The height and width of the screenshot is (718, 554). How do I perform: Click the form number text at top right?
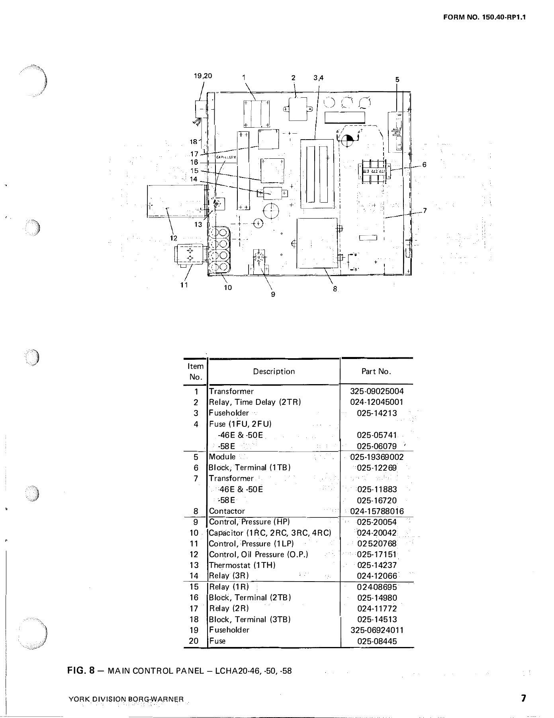pos(484,18)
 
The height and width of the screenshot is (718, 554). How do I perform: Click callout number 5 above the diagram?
pos(397,79)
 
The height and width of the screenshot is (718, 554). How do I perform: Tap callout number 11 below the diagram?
pos(184,285)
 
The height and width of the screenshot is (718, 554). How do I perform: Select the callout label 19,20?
pos(203,76)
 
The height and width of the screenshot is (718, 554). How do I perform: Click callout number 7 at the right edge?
pos(425,211)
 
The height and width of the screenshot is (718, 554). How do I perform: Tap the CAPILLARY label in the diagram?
pos(226,157)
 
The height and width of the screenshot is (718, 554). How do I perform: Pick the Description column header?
pos(274,371)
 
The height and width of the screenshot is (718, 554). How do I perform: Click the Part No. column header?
pos(376,371)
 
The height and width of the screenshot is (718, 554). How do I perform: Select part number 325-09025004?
pos(377,391)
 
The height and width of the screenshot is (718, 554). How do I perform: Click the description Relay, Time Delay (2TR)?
pos(255,402)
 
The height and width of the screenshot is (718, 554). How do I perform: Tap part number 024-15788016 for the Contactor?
pos(377,511)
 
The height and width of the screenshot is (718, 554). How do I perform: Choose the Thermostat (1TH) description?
pos(243,565)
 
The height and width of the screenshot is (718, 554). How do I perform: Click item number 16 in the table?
pos(194,598)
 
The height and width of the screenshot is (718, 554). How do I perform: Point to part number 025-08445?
pos(377,641)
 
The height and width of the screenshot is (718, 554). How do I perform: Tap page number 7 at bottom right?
pos(523,698)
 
